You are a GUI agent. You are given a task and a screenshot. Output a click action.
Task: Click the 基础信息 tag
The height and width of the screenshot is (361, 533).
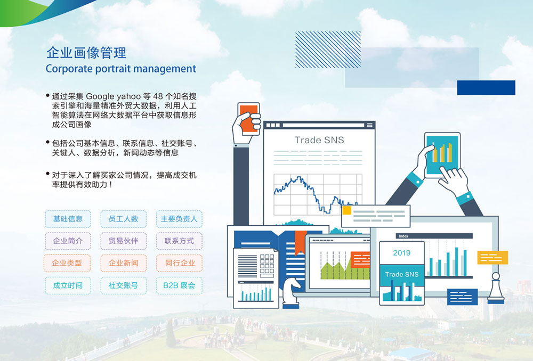68,219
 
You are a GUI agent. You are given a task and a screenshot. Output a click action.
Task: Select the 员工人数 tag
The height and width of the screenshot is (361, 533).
124,219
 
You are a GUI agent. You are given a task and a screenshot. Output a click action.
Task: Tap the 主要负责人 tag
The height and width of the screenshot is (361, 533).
179,219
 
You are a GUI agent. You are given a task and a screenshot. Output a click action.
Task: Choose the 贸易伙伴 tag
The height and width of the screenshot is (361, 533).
124,241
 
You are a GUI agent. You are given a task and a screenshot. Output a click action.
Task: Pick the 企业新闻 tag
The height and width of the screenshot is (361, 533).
124,263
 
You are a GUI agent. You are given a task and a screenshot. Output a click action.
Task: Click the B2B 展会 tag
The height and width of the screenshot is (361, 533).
179,285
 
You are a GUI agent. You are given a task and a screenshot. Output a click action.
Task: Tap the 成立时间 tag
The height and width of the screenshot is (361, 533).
68,285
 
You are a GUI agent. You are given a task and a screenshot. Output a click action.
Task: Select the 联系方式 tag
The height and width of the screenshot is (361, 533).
179,241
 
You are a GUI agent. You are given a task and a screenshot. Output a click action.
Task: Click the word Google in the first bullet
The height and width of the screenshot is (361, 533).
100,96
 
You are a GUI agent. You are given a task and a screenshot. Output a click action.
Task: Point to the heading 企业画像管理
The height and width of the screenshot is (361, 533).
86,53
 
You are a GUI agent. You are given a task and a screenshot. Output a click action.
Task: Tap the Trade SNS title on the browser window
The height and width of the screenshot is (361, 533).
319,140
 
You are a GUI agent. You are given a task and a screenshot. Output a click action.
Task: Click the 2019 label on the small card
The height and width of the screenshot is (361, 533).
402,253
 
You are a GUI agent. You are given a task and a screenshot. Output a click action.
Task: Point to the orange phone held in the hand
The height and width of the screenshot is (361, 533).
249,119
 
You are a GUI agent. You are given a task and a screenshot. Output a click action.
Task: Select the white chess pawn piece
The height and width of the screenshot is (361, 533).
496,288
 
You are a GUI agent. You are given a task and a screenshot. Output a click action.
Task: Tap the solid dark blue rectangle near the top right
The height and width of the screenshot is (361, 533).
486,88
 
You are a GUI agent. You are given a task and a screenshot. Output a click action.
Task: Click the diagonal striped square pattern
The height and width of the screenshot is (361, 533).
328,50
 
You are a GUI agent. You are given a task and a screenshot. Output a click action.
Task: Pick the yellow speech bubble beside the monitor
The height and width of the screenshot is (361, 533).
492,257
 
